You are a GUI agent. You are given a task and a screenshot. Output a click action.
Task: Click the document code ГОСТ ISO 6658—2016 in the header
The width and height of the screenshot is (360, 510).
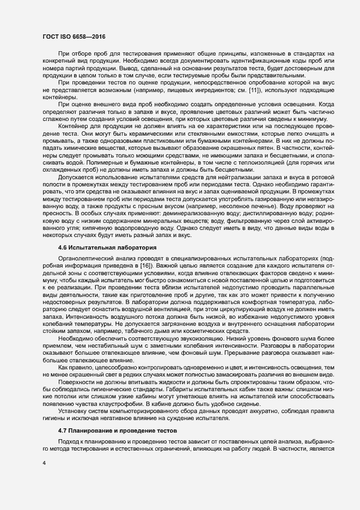(x=74, y=35)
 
